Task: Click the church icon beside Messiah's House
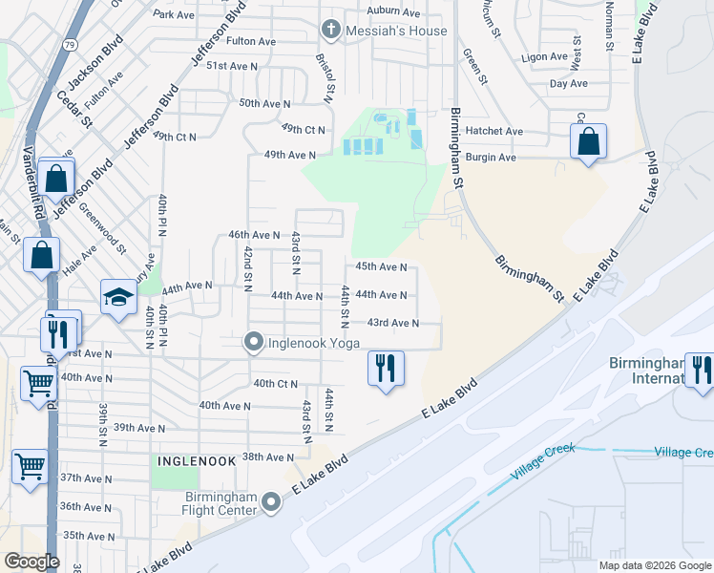pyautogui.click(x=330, y=30)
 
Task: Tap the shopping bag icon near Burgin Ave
pyautogui.click(x=589, y=142)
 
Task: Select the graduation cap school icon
pyautogui.click(x=119, y=297)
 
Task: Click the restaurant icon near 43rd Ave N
pyautogui.click(x=386, y=369)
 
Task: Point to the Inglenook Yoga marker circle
pyautogui.click(x=254, y=341)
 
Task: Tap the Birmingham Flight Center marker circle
pyautogui.click(x=273, y=500)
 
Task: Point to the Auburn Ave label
pyautogui.click(x=394, y=12)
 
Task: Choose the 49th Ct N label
pyautogui.click(x=304, y=129)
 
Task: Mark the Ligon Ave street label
pyautogui.click(x=545, y=57)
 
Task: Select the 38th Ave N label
pyautogui.click(x=268, y=456)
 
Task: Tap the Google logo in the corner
pyautogui.click(x=31, y=562)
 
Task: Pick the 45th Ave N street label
pyautogui.click(x=381, y=267)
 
